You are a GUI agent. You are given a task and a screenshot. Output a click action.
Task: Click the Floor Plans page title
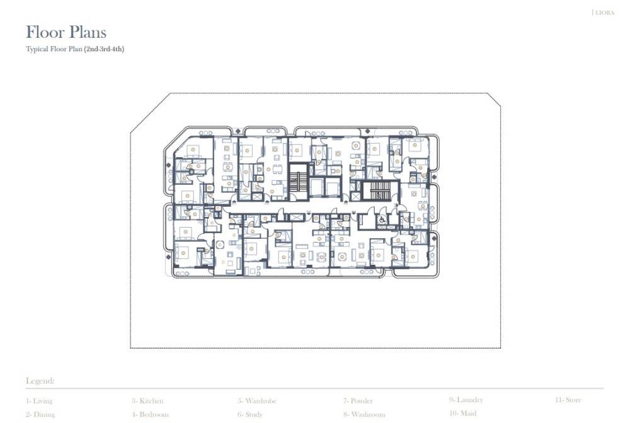[x=66, y=32]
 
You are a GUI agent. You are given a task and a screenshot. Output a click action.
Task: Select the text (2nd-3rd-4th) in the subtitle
[x=104, y=49]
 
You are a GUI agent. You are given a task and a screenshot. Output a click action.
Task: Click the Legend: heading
[x=40, y=381]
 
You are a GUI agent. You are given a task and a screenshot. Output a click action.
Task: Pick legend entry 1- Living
[x=39, y=401]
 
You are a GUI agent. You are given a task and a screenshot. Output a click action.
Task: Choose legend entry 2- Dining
[x=40, y=415]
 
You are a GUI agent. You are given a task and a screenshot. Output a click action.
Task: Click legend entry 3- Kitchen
[x=147, y=401]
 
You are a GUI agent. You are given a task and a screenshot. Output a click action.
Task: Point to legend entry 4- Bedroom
[x=150, y=415]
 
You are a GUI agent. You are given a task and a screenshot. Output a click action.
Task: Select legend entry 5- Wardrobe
[x=257, y=401]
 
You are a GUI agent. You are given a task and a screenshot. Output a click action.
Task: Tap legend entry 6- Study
[x=250, y=415]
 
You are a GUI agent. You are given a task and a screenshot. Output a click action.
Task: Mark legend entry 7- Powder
[x=358, y=401]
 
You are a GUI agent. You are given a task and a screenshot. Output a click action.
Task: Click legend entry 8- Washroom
[x=364, y=415]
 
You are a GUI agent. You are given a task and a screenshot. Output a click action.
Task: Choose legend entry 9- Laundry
[x=466, y=400]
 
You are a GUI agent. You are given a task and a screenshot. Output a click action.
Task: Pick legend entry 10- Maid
[x=462, y=414]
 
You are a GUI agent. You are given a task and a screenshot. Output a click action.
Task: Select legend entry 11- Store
[x=568, y=400]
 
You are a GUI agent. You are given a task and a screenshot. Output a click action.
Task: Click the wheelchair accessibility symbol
[x=382, y=220]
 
